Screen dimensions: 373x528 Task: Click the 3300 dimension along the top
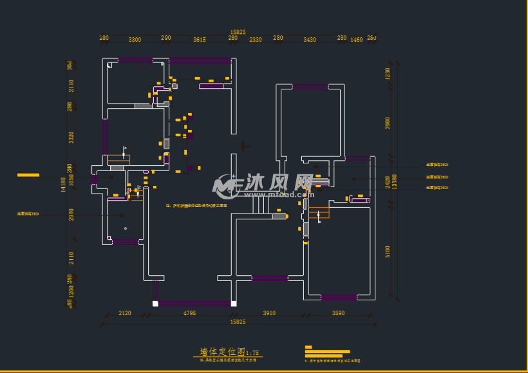coord(135,40)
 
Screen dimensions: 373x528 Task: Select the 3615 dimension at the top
coord(200,40)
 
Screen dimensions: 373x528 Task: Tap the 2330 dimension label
coord(256,40)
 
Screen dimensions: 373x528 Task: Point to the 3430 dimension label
coord(310,40)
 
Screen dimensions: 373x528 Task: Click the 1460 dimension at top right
coord(356,40)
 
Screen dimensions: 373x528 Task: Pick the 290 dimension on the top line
coord(166,39)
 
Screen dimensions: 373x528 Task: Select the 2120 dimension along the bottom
coord(125,313)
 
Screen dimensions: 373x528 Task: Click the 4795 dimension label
coord(189,313)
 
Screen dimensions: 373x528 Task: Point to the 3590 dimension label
coord(339,313)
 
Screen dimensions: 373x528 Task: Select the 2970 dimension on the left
coord(71,214)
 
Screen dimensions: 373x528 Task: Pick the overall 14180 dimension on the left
coord(63,185)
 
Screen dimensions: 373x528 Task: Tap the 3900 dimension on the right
coord(388,123)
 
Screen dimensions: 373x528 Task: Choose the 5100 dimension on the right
coord(388,250)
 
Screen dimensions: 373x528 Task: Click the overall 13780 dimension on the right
coord(395,181)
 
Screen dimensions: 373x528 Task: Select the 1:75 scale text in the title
coord(252,353)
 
